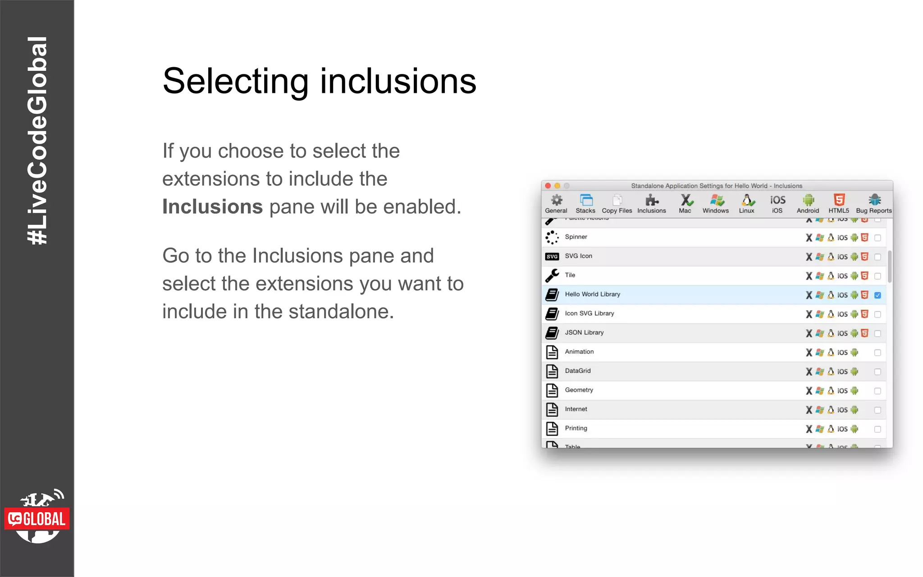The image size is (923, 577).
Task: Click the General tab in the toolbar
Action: [556, 204]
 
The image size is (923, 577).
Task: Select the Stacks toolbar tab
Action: [585, 204]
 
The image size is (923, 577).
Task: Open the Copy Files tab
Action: [617, 204]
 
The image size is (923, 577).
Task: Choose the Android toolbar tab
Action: [808, 204]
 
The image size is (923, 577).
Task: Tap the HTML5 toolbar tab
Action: [839, 204]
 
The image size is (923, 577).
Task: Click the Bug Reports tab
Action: [874, 204]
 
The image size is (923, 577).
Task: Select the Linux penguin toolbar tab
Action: [747, 204]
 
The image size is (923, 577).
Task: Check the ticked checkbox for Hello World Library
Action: [877, 295]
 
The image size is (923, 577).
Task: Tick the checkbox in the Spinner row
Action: [877, 238]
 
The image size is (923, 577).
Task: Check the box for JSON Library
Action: [877, 334]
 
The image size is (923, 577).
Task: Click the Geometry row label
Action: [579, 390]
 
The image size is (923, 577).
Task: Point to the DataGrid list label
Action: [578, 371]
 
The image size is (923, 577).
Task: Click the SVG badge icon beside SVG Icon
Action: [552, 256]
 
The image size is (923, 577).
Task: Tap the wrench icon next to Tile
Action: [552, 275]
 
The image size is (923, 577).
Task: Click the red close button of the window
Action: [548, 186]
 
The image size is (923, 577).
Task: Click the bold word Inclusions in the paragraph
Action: [212, 207]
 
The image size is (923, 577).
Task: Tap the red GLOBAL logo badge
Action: [37, 519]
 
